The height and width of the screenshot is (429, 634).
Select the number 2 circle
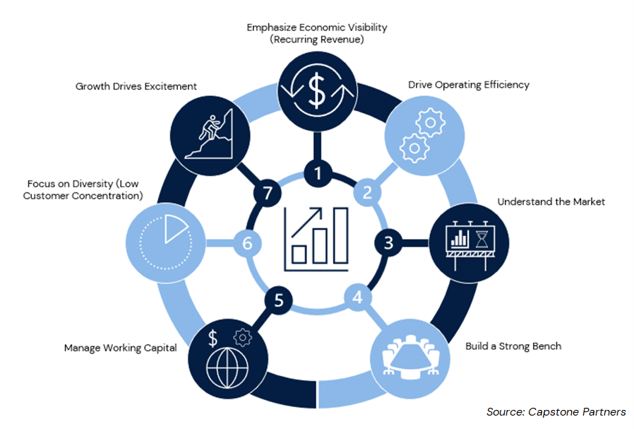(367, 192)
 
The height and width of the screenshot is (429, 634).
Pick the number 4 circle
(358, 298)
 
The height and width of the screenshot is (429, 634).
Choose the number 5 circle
(279, 300)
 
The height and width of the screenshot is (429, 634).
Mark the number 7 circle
(266, 192)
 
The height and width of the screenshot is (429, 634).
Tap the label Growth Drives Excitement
(136, 87)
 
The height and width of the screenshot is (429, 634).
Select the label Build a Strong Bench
(513, 346)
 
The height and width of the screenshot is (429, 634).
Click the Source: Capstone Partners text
(556, 411)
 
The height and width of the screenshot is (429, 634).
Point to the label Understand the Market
(551, 201)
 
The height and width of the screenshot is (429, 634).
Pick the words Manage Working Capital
(120, 348)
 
